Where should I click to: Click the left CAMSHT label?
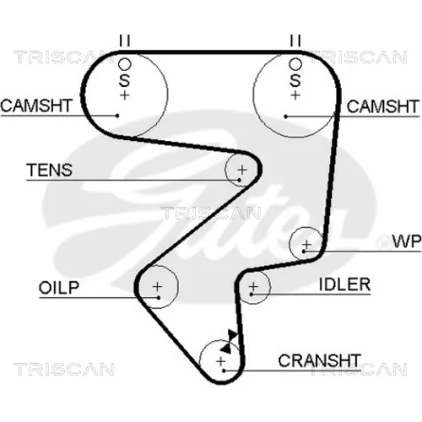[x=36, y=105]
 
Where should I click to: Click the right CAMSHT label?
[x=382, y=106]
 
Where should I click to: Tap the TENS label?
[x=50, y=170]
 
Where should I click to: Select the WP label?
[x=407, y=241]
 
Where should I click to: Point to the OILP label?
[x=59, y=288]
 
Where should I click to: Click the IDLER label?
[x=344, y=284]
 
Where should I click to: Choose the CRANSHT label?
[x=319, y=360]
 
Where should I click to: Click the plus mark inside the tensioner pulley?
[x=242, y=170]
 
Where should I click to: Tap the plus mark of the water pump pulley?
[x=307, y=244]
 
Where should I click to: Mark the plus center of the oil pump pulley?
[x=157, y=287]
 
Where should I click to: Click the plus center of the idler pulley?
[x=253, y=287]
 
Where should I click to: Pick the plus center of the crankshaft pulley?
[x=221, y=361]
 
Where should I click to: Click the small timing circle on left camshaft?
[x=125, y=64]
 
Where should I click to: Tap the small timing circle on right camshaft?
[x=295, y=64]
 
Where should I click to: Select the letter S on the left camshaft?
[x=124, y=80]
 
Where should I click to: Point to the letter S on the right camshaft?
[x=295, y=80]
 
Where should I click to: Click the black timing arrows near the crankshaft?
[x=230, y=342]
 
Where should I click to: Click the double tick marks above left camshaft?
[x=125, y=41]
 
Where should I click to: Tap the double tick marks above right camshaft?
[x=295, y=41]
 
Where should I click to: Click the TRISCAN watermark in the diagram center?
[x=211, y=213]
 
